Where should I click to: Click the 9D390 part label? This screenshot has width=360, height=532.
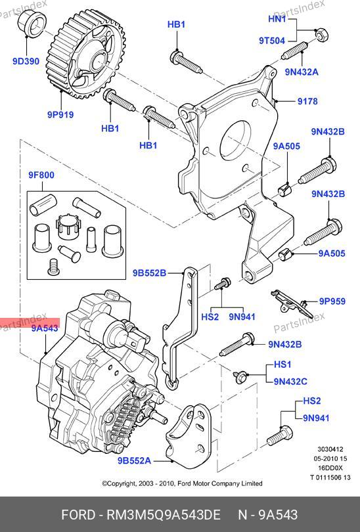coord(26,62)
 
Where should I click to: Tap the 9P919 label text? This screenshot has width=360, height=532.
coord(60,115)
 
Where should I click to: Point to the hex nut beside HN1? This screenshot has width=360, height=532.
coord(321,35)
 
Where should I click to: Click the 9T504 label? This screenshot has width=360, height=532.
coord(272,41)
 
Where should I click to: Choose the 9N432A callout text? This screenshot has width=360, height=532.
coord(302,72)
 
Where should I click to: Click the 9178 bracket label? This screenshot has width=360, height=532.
coord(307,101)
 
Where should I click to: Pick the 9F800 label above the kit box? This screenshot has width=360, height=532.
coord(41,175)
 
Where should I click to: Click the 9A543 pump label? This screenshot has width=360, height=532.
coord(45,328)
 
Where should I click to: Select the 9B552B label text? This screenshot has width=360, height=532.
coord(149,273)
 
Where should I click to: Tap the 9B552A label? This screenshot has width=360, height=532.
coord(135,461)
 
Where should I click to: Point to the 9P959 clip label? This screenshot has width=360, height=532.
coord(332,301)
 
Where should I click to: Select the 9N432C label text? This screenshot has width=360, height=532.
coord(290,382)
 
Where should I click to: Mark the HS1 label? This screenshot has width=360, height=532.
coord(282,365)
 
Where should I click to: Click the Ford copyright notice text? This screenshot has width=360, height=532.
coord(182,483)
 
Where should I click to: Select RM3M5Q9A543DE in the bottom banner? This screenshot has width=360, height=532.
coord(164,515)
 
